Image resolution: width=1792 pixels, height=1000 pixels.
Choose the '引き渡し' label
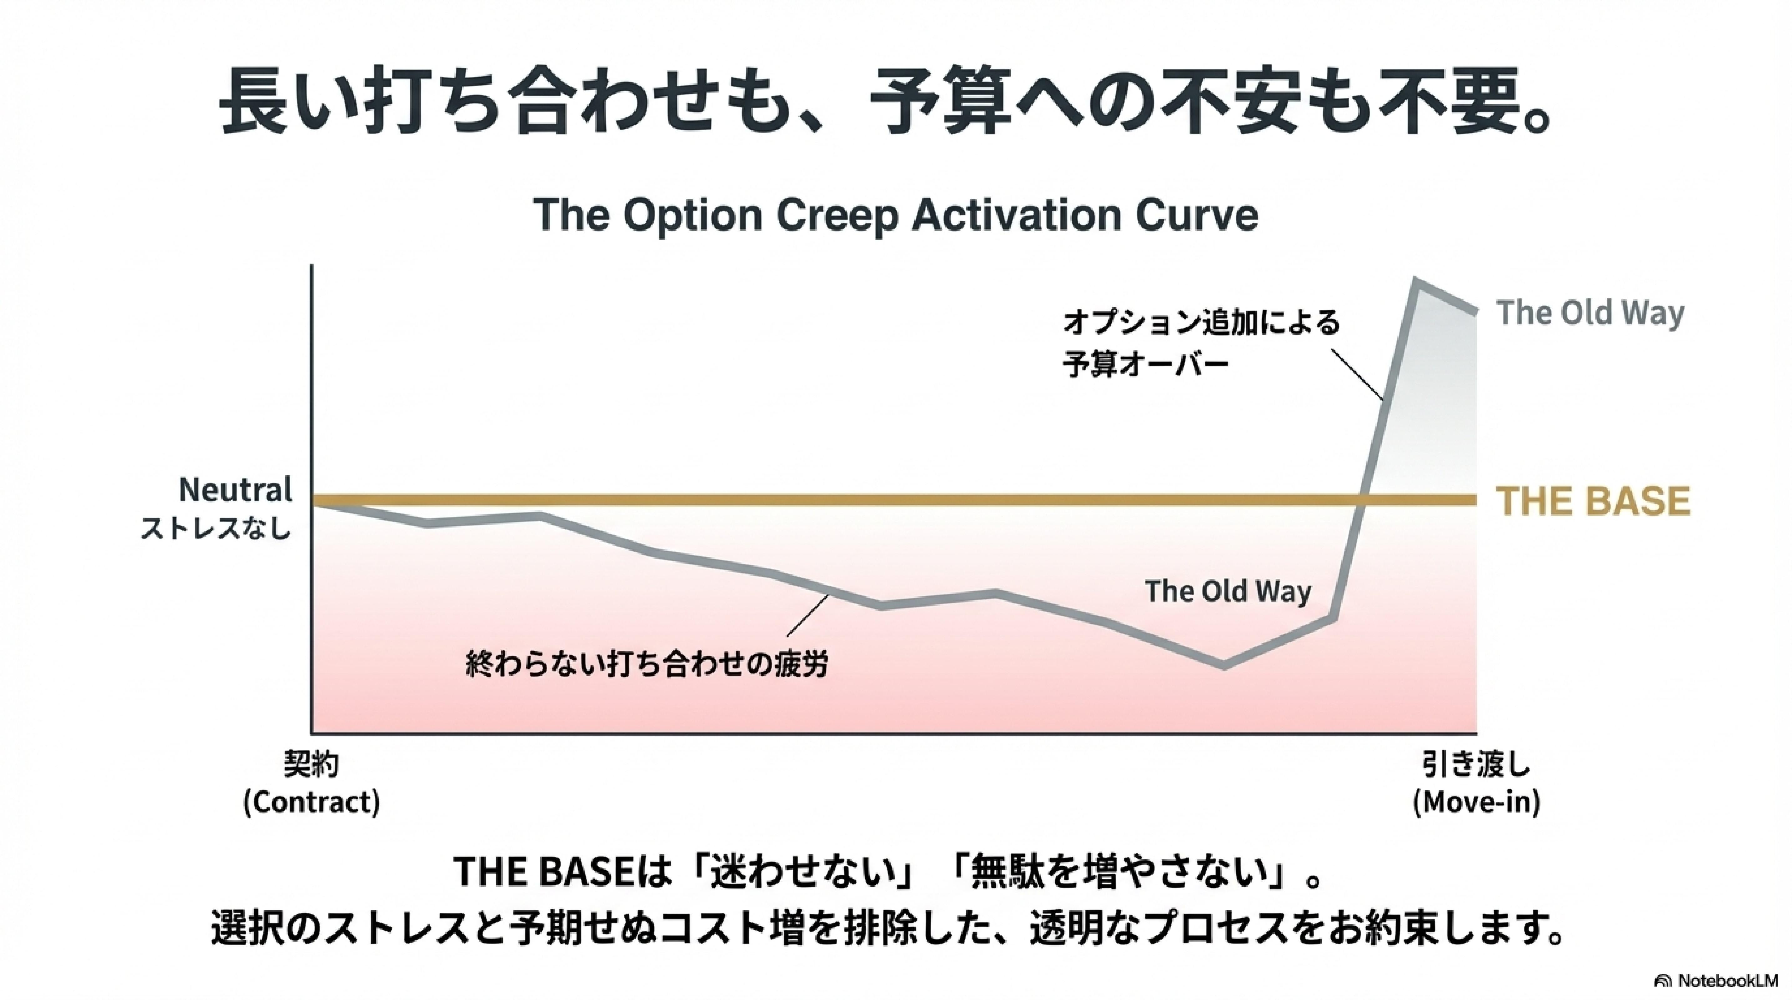[x=1476, y=766]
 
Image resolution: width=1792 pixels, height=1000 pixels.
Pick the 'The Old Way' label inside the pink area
[x=1228, y=591]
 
